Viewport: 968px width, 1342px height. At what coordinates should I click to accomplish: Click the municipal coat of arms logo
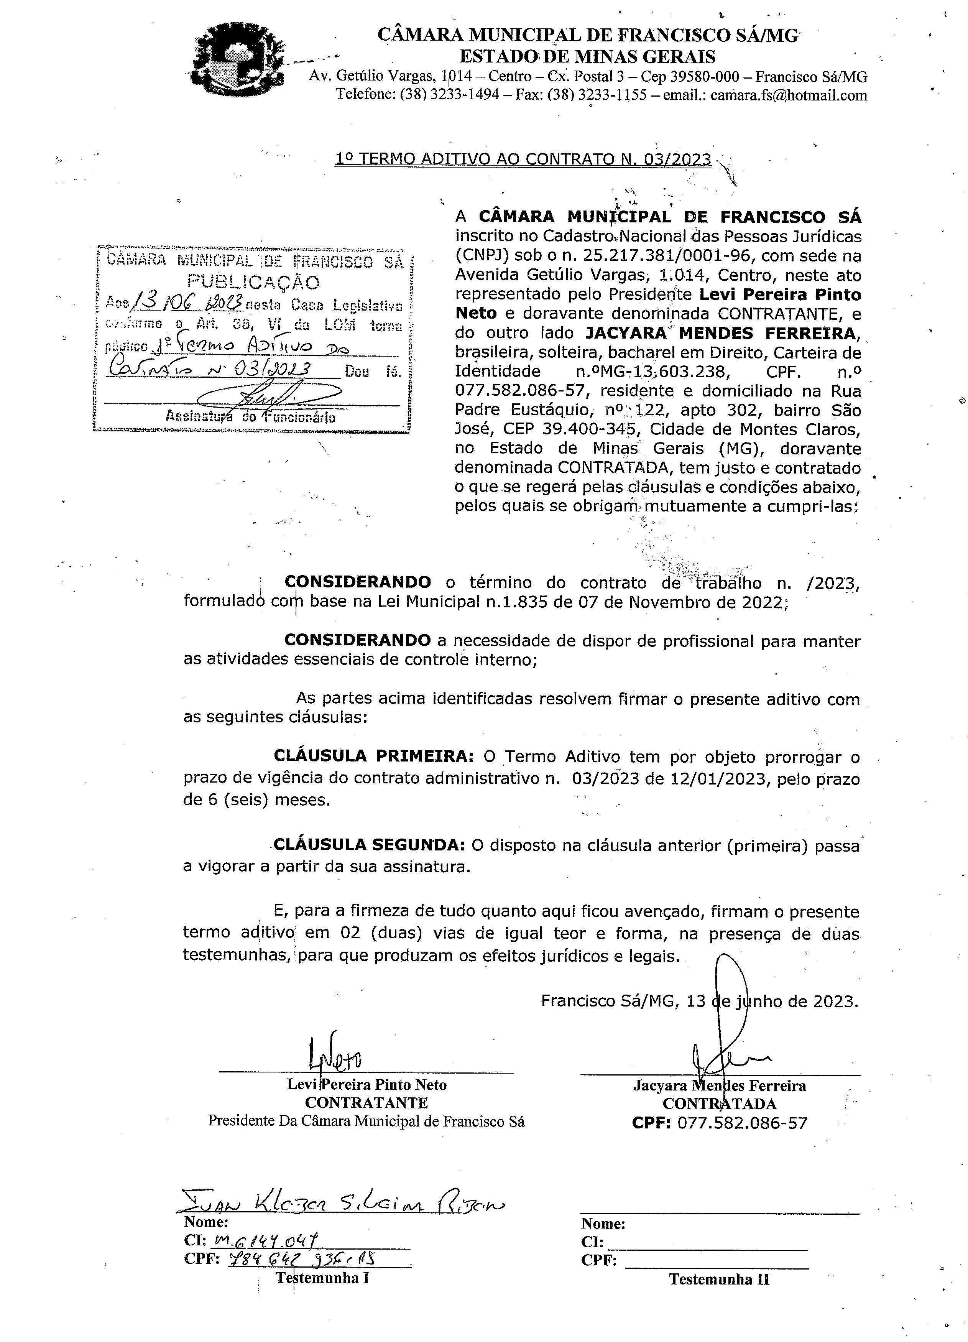237,60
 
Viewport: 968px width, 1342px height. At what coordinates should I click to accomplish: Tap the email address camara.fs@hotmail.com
789,95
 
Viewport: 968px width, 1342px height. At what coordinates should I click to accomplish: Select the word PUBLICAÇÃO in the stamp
254,282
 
